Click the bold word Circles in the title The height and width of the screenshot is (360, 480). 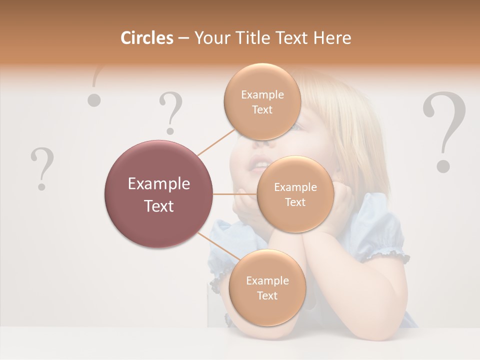click(146, 38)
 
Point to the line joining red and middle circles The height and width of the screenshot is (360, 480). click(235, 194)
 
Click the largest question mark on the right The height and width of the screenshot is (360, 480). click(444, 131)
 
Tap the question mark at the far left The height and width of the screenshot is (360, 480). click(42, 168)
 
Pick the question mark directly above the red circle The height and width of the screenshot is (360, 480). click(171, 113)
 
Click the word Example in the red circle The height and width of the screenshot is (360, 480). click(158, 184)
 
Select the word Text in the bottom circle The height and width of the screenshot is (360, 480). click(267, 295)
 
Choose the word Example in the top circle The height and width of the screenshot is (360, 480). click(262, 94)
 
